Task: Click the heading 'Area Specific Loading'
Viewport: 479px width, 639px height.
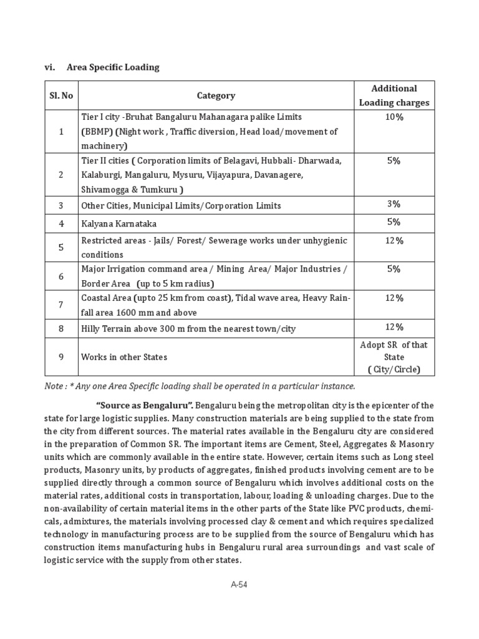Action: (117, 67)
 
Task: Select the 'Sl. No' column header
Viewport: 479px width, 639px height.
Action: (61, 95)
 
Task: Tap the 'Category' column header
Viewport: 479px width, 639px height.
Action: (216, 95)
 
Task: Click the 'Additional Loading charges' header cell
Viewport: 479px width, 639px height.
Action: (394, 95)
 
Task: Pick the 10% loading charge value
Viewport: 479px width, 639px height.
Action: (394, 117)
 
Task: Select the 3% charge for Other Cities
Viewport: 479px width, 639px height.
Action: (394, 205)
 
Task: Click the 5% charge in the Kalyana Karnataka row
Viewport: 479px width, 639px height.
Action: (394, 222)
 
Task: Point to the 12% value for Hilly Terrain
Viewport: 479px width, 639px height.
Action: (394, 328)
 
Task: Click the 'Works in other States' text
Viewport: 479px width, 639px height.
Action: (123, 358)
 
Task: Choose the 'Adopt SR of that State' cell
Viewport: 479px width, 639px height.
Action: (394, 357)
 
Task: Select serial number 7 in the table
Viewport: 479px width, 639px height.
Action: (61, 305)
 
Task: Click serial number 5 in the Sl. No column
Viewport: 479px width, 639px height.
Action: (61, 247)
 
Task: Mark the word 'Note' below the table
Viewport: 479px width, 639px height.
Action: (54, 386)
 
